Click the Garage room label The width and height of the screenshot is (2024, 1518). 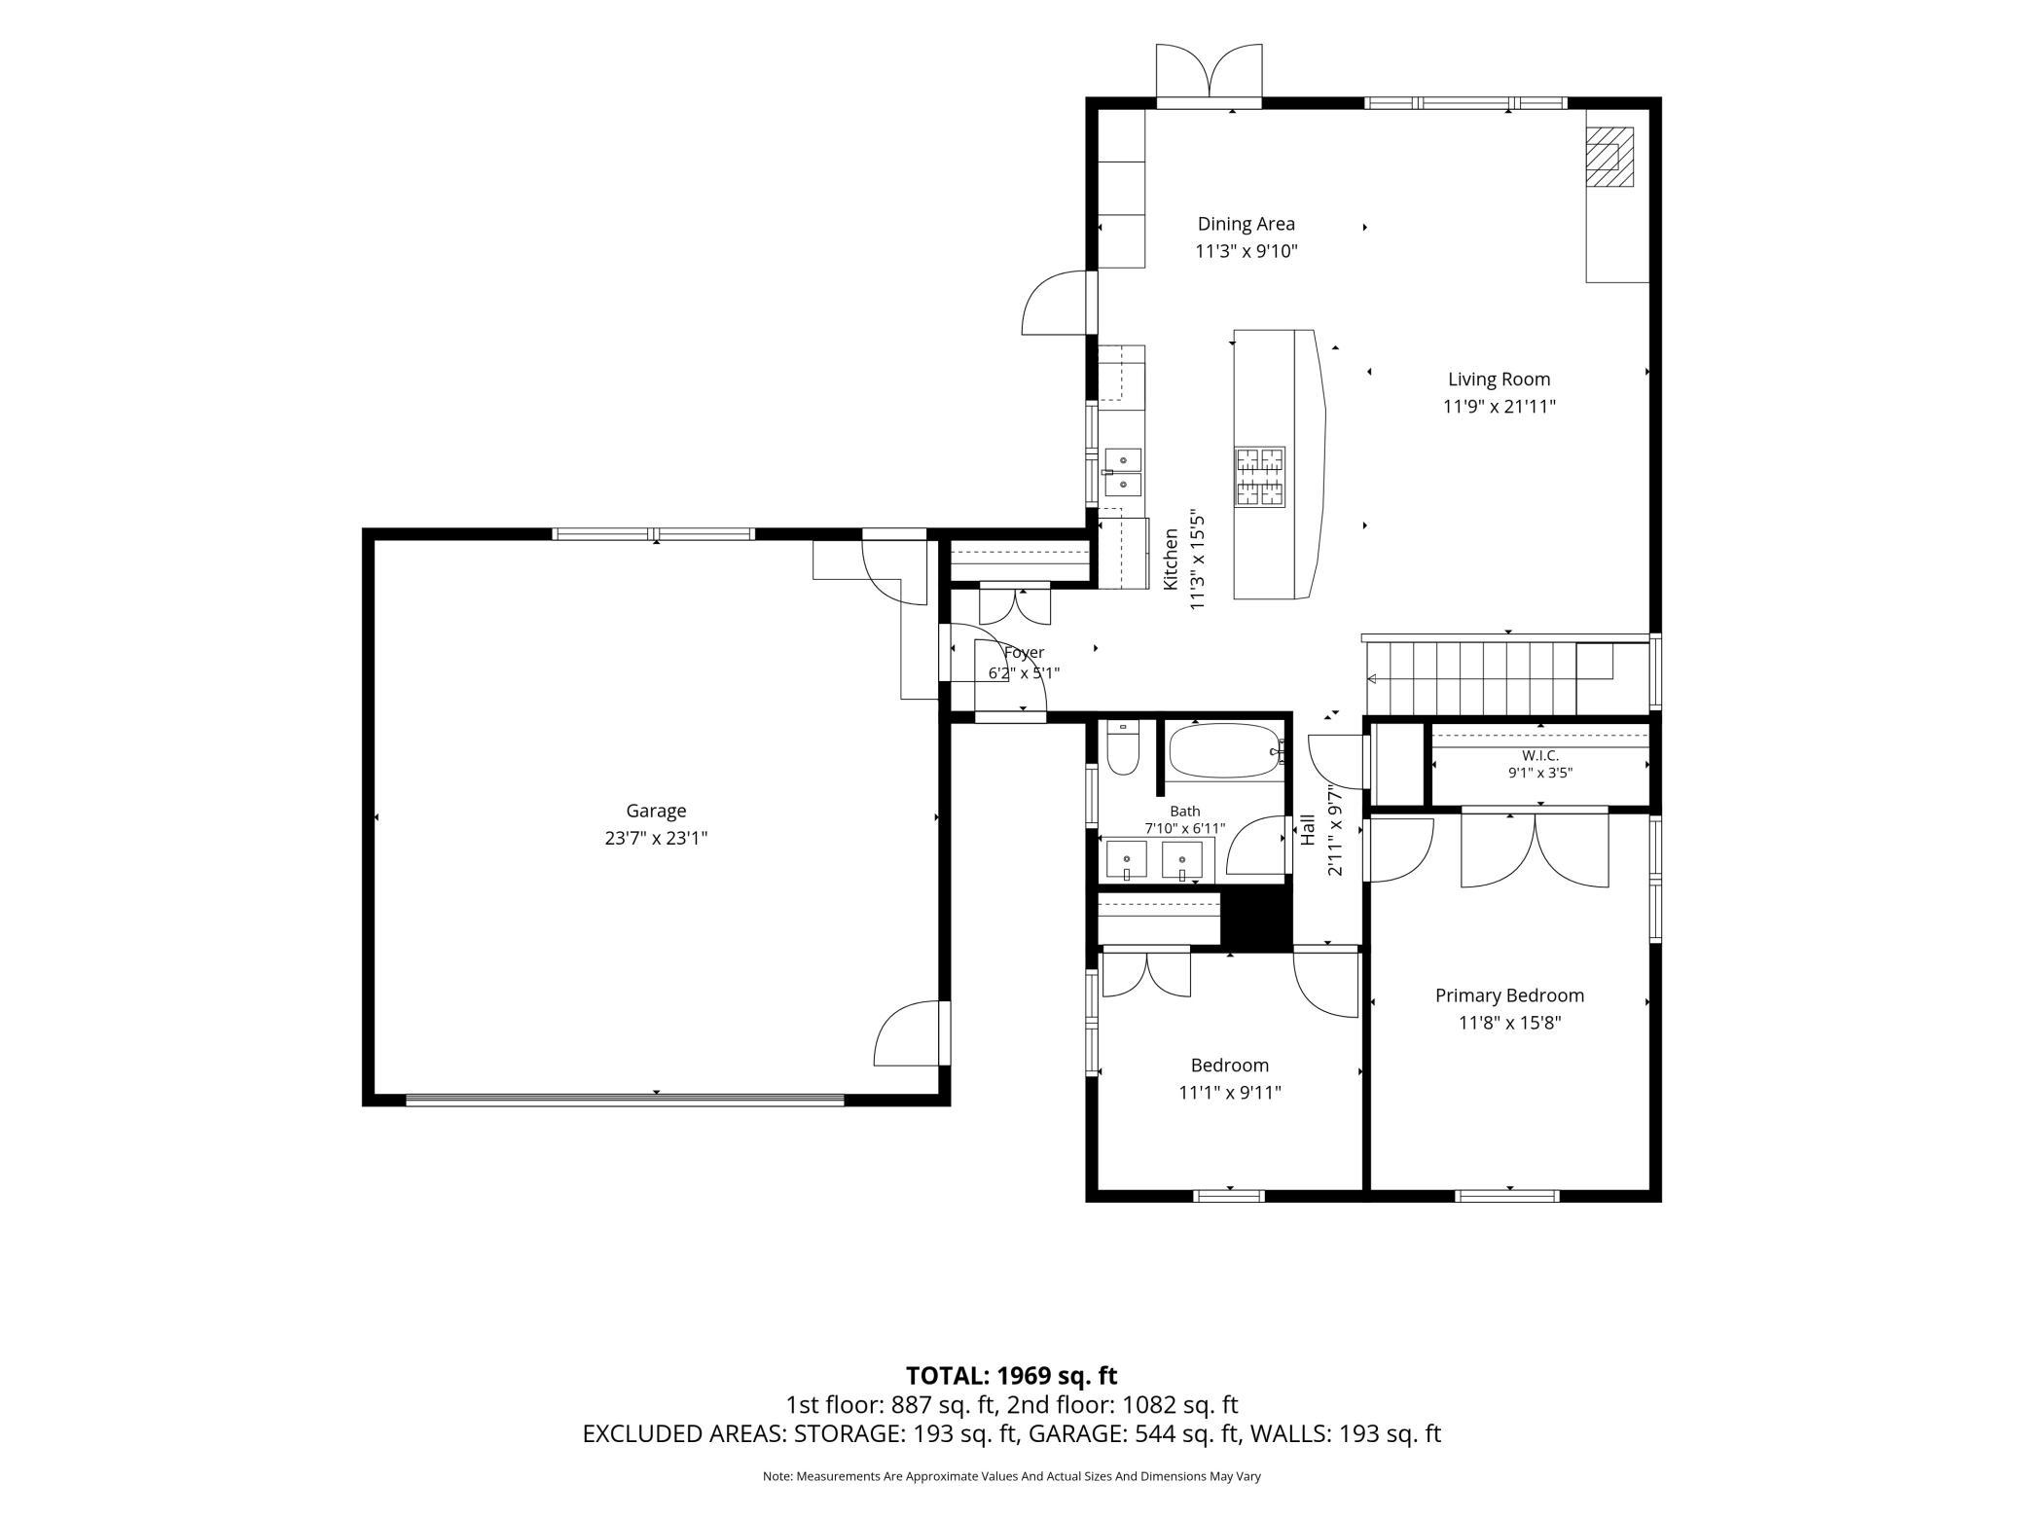656,811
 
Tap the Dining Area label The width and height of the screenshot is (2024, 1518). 1246,224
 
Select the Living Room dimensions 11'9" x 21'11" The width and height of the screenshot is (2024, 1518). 1499,407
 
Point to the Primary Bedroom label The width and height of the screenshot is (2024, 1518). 1509,995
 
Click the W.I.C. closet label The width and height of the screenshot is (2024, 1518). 1540,755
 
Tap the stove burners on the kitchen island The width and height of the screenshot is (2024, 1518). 1260,476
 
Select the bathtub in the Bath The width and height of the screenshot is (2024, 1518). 1226,750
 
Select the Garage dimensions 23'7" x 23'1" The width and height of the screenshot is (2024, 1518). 656,838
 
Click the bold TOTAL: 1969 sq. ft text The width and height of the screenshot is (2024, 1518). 1011,1376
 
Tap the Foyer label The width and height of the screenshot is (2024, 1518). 1024,653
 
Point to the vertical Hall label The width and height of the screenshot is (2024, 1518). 1309,829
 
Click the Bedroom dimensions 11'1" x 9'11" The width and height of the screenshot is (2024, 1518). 1230,1093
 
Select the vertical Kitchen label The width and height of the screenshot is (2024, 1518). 1172,559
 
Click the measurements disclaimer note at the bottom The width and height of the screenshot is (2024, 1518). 1011,1476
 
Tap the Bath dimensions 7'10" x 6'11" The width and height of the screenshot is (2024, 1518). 1185,829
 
